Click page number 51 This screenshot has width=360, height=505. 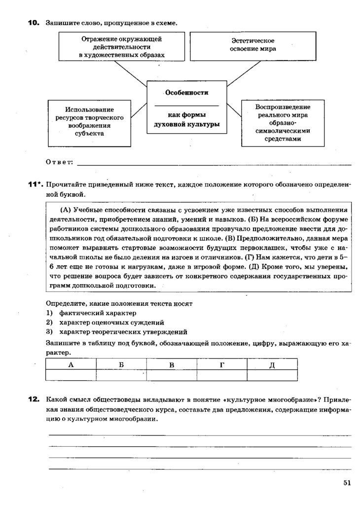(347, 483)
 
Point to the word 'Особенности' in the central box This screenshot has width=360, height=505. (186, 93)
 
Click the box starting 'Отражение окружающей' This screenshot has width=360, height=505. (121, 46)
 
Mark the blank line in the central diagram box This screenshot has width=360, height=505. (186, 106)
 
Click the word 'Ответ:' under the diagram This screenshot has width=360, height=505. (59, 162)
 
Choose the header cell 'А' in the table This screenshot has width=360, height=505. (71, 364)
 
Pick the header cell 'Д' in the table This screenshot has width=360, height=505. (272, 364)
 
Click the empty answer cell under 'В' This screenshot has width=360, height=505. (172, 375)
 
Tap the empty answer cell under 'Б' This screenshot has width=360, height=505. (121, 375)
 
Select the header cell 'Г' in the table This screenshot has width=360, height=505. (222, 364)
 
